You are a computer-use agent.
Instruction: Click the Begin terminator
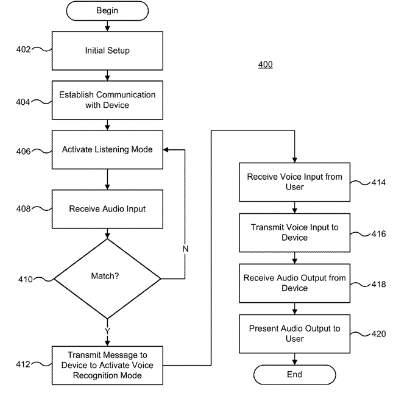pos(107,10)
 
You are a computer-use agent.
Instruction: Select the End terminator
pos(294,375)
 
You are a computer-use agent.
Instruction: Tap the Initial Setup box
pos(107,51)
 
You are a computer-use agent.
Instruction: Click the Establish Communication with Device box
pos(107,100)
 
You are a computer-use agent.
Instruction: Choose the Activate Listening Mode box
pos(107,150)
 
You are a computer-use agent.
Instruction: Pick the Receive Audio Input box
pos(107,209)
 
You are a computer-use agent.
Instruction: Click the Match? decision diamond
pos(107,276)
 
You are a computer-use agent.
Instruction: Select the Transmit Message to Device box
pos(107,364)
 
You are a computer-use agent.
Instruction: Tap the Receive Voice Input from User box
pos(294,182)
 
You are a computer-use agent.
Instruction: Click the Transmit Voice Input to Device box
pos(294,232)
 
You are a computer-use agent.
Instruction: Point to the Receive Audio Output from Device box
pos(294,283)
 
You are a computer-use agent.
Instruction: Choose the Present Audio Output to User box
pos(294,333)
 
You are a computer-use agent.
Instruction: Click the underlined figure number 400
pos(265,65)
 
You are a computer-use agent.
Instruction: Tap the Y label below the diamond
pos(107,330)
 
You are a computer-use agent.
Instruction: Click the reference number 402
pos(24,50)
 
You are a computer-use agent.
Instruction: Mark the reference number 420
pos(378,333)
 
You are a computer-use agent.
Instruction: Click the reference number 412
pos(24,364)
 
